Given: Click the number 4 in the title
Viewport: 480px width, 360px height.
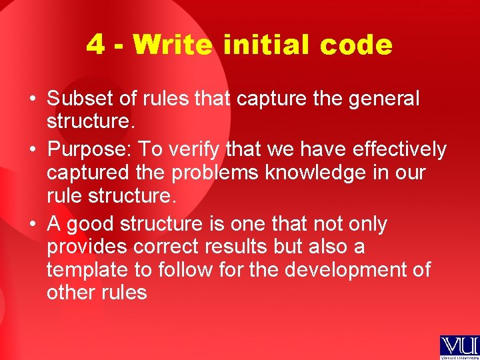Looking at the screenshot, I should pyautogui.click(x=95, y=45).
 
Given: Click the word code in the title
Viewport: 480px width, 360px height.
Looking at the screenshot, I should pyautogui.click(x=356, y=45).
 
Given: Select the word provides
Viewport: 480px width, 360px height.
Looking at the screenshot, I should pyautogui.click(x=87, y=247).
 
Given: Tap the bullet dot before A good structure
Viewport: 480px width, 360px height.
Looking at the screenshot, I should pyautogui.click(x=32, y=225).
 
